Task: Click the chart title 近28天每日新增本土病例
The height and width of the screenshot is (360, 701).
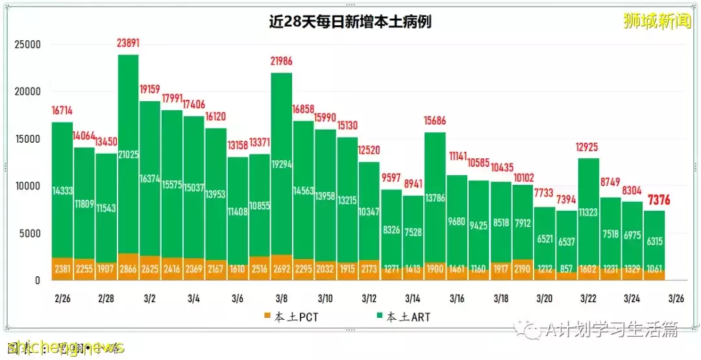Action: [x=350, y=21]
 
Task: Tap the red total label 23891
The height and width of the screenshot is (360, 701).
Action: [x=129, y=44]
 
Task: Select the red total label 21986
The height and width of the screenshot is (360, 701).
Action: [x=281, y=62]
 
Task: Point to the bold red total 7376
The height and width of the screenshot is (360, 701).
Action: [x=654, y=198]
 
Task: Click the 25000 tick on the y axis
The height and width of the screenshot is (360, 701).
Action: [x=28, y=45]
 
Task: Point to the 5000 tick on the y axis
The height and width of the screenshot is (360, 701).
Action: [x=31, y=234]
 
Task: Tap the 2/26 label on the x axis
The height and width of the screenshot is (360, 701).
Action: [x=62, y=299]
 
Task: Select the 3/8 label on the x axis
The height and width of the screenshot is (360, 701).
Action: [x=282, y=299]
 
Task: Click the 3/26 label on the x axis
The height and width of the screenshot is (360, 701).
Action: [x=676, y=299]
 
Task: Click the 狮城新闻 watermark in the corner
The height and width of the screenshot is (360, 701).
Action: [x=656, y=22]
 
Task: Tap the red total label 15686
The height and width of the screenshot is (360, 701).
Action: [x=434, y=121]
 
